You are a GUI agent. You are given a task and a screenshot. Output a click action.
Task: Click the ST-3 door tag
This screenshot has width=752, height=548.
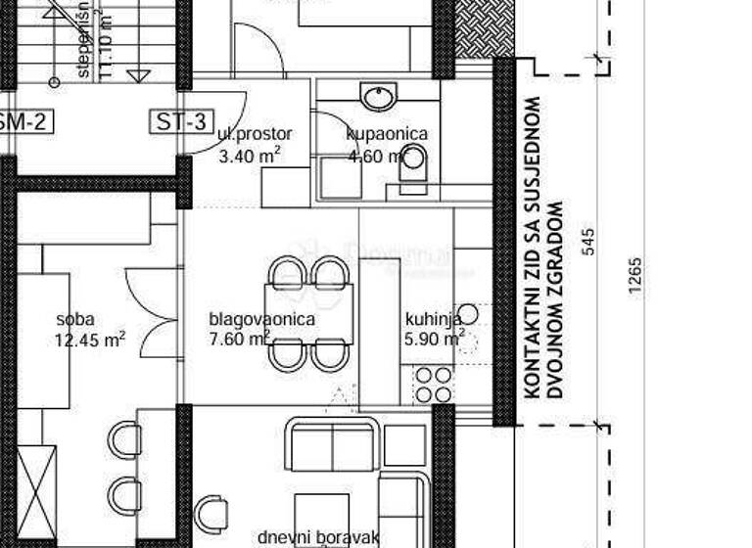(x=181, y=122)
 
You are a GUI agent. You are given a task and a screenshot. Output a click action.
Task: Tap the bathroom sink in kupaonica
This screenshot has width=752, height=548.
(x=377, y=97)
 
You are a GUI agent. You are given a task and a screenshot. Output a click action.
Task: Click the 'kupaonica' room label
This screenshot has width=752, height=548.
(x=387, y=135)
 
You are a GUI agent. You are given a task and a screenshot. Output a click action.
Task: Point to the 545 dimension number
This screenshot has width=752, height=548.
(x=588, y=242)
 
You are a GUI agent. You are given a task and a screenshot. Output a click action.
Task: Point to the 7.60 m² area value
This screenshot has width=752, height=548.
(x=240, y=340)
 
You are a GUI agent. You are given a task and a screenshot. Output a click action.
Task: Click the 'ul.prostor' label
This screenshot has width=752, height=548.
(x=256, y=135)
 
